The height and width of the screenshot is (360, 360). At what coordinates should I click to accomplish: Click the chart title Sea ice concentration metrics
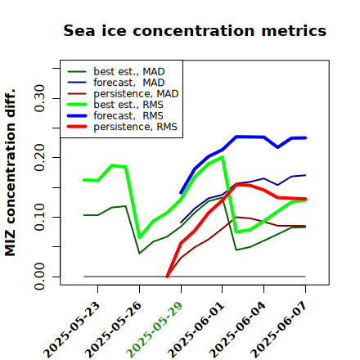(195, 30)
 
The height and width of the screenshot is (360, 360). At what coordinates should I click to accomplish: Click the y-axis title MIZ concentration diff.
(10, 173)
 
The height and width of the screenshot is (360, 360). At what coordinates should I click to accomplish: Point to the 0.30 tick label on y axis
(39, 98)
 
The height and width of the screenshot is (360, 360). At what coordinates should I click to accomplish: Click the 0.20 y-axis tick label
(39, 157)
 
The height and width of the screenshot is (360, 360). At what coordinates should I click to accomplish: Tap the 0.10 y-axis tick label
(39, 217)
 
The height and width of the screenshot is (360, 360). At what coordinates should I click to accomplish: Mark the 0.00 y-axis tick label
(39, 277)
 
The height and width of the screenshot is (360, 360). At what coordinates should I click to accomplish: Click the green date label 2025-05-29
(155, 330)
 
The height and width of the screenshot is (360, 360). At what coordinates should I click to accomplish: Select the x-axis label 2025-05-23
(71, 330)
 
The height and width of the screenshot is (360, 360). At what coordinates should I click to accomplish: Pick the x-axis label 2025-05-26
(113, 330)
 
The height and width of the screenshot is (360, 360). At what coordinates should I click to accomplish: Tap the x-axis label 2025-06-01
(196, 330)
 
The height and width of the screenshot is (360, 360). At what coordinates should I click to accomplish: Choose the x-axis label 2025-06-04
(237, 330)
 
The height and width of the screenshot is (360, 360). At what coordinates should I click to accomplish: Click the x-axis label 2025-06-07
(279, 330)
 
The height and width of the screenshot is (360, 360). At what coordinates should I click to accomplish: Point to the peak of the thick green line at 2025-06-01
(223, 157)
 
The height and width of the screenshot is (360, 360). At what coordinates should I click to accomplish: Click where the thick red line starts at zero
(167, 277)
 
